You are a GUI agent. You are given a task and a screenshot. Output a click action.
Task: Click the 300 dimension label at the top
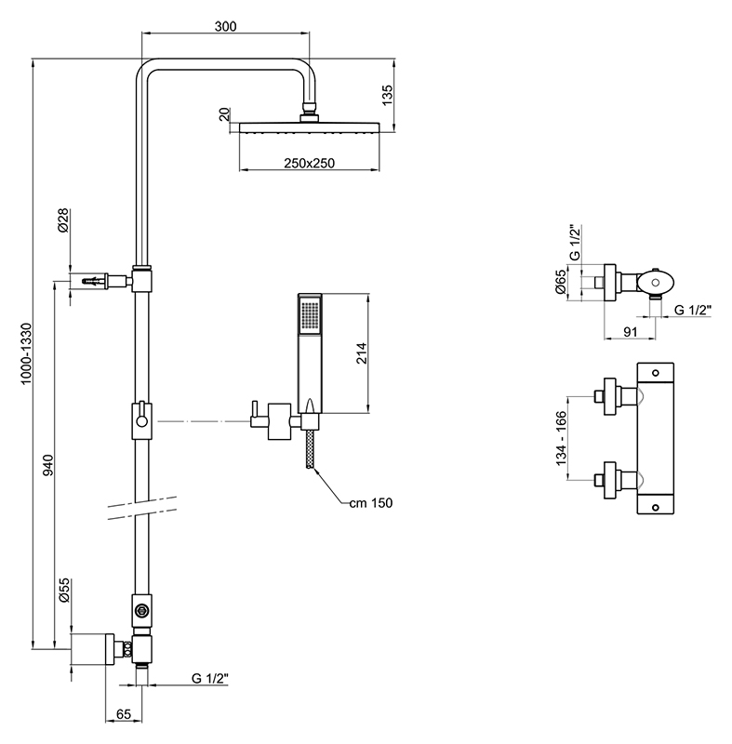click(223, 26)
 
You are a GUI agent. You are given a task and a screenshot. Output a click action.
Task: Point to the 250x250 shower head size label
click(310, 164)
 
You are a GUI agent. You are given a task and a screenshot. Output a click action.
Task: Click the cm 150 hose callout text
click(371, 503)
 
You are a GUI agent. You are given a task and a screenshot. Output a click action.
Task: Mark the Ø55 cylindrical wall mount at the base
click(92, 648)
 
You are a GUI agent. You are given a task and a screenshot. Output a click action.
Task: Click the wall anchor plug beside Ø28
click(93, 280)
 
